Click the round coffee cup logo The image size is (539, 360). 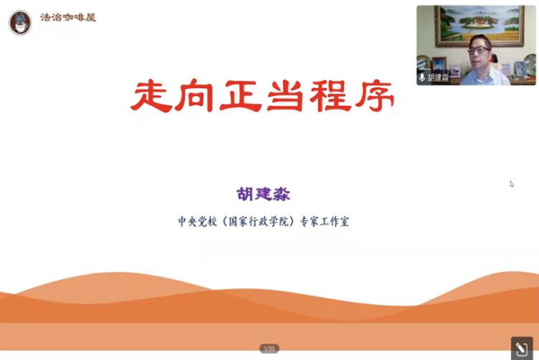pos(21,22)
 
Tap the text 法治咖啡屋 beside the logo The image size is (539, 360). pos(67,18)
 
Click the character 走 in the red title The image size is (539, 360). pos(151,95)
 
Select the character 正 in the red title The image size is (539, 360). pos(241,95)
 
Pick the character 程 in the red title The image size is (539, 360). pos(331,95)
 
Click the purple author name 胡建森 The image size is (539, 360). pos(263,194)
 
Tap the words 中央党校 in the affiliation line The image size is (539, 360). pos(198,222)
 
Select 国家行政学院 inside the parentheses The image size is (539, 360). pos(260,222)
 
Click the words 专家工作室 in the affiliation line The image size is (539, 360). pos(325,222)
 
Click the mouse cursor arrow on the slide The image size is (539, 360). pos(512,184)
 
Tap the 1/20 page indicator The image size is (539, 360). pos(269,348)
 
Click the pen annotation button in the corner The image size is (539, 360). pos(522,349)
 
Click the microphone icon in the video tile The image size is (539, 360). pos(422,77)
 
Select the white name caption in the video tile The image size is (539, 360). pos(438,77)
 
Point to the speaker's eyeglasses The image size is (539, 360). pos(479,50)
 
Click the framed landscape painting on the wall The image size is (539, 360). pos(480,25)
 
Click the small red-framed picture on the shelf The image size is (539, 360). pos(439,66)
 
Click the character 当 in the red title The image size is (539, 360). pos(286,95)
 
